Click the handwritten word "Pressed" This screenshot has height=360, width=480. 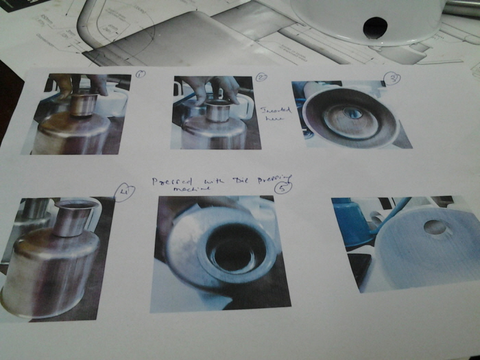click(170, 181)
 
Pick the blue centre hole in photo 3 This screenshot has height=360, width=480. click(352, 112)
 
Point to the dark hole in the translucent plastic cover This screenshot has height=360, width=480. click(374, 27)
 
